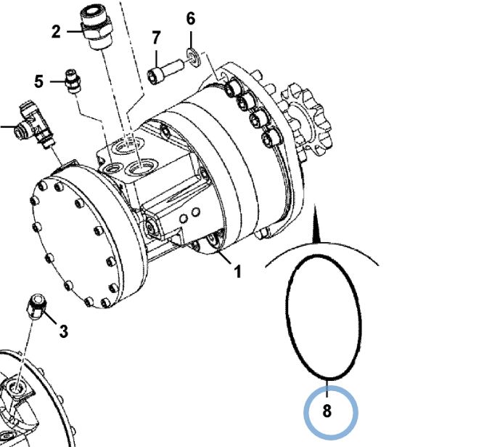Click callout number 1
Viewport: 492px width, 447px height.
tap(237, 273)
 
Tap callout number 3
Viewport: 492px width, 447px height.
tap(63, 331)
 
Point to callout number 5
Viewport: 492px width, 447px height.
tap(39, 81)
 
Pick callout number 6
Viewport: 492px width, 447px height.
tap(191, 19)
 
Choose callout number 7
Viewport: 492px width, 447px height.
tap(156, 37)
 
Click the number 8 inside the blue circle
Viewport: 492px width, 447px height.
tap(327, 411)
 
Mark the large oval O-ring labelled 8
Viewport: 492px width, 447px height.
tap(323, 317)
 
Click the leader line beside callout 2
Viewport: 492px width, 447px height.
tap(75, 31)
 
